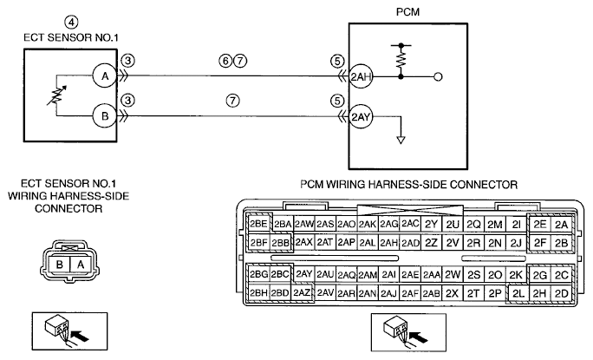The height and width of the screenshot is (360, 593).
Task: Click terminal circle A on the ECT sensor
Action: pos(105,76)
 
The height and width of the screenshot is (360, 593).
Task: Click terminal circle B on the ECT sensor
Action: pos(105,116)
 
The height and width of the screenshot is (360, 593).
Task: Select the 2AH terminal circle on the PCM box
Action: pos(361,77)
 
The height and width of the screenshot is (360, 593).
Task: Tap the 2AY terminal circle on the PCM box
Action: pos(361,116)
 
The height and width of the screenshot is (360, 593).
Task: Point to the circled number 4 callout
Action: pos(71,23)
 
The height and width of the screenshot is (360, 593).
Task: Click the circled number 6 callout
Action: pos(225,61)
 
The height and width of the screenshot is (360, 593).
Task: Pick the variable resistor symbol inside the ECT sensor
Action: pos(56,95)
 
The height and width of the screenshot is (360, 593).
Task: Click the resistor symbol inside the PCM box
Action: pos(401,60)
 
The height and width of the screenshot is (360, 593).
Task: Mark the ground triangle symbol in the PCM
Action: pos(401,140)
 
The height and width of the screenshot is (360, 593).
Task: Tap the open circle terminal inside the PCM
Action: pos(438,77)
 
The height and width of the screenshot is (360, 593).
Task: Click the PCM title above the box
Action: pos(407,12)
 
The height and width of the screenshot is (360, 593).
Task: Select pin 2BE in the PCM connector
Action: pos(258,224)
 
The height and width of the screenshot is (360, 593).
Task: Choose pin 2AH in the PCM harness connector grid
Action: pos(388,243)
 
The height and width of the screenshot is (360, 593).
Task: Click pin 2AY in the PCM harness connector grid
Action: pos(303,274)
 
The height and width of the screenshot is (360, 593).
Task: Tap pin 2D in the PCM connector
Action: pos(562,293)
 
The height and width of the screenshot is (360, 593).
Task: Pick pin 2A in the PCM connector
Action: pos(562,225)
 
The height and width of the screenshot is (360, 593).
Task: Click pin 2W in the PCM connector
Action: pos(452,274)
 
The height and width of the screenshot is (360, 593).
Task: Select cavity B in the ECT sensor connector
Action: pos(59,265)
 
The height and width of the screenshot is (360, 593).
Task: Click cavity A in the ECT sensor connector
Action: pos(81,265)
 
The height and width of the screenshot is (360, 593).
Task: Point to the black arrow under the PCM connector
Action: pos(420,336)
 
